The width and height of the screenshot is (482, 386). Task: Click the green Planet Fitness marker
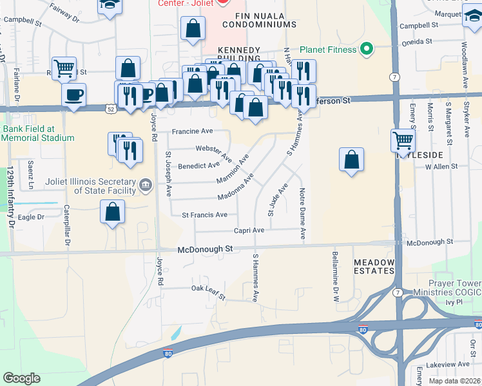pos(367,48)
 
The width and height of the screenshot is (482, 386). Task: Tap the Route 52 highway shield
pos(111,109)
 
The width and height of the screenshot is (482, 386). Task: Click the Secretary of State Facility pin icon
pos(146,187)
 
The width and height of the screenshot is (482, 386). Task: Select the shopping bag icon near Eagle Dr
pos(113,212)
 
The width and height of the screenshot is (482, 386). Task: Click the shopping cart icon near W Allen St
pos(403,140)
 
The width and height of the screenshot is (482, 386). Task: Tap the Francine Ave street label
pos(191,131)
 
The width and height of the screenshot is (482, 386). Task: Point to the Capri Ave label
pos(249,230)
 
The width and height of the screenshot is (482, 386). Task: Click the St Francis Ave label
pos(204,215)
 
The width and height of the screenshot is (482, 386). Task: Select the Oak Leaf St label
pos(207,292)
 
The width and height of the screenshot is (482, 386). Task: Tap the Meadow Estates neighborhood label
pos(373,266)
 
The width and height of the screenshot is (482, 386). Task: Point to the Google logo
pos(22,378)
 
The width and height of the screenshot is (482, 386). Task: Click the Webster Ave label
pos(214,152)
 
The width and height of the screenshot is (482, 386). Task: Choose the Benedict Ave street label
pos(199,165)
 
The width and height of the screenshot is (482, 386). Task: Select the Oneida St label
pos(416,41)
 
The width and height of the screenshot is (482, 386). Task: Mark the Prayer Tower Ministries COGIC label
pos(454,288)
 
